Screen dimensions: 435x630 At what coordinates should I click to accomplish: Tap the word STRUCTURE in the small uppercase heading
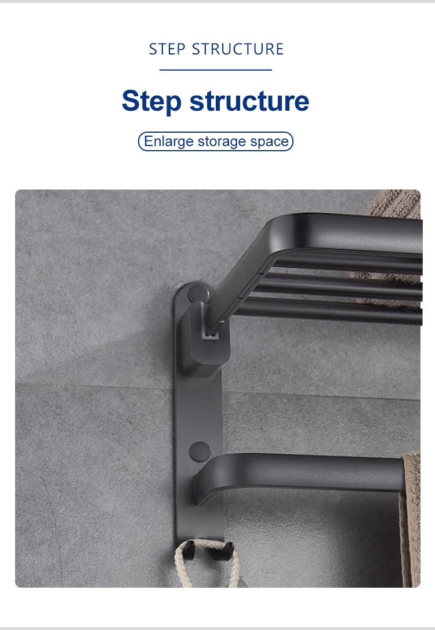238,49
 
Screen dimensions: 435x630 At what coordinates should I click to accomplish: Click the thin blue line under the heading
216,70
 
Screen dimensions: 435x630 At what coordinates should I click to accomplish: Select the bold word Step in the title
151,101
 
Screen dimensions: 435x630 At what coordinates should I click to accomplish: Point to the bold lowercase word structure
249,101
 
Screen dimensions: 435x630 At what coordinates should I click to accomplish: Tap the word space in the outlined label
269,142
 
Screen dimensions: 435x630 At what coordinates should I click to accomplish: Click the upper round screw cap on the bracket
198,294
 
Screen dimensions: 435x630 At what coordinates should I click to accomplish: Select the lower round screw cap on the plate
200,451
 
